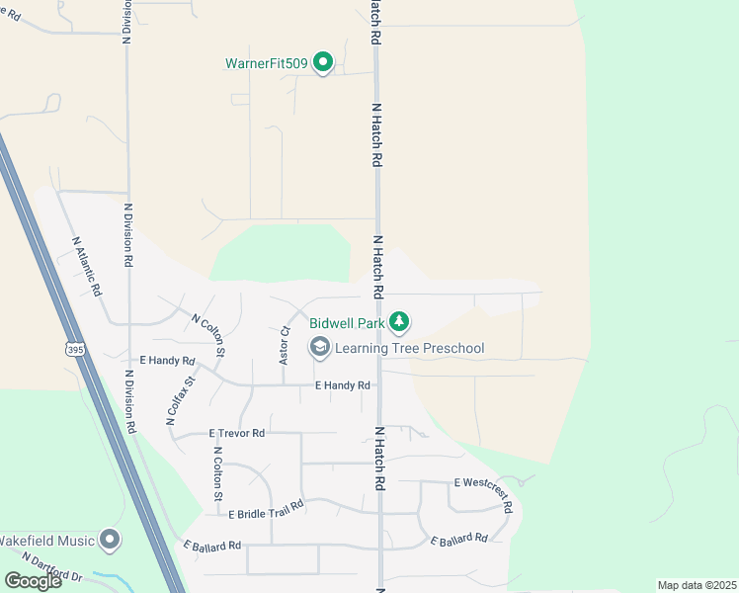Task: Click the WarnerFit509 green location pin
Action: [x=323, y=64]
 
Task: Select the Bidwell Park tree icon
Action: [x=399, y=321]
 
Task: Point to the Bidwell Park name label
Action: [x=345, y=322]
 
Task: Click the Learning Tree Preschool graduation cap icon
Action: [x=319, y=347]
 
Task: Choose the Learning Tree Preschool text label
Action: [x=409, y=348]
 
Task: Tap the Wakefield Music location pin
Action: [x=110, y=541]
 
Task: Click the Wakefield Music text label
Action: [x=47, y=541]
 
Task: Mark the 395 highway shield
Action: [x=75, y=349]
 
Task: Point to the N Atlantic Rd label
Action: [x=87, y=266]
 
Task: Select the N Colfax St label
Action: [x=185, y=401]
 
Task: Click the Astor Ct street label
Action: [x=285, y=345]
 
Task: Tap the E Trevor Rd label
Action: [x=237, y=433]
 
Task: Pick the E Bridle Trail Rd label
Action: [x=266, y=509]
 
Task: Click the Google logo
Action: [x=33, y=580]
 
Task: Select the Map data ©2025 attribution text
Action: [x=697, y=585]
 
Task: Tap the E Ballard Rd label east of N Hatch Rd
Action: [x=458, y=540]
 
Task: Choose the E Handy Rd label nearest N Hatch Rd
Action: [x=342, y=385]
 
